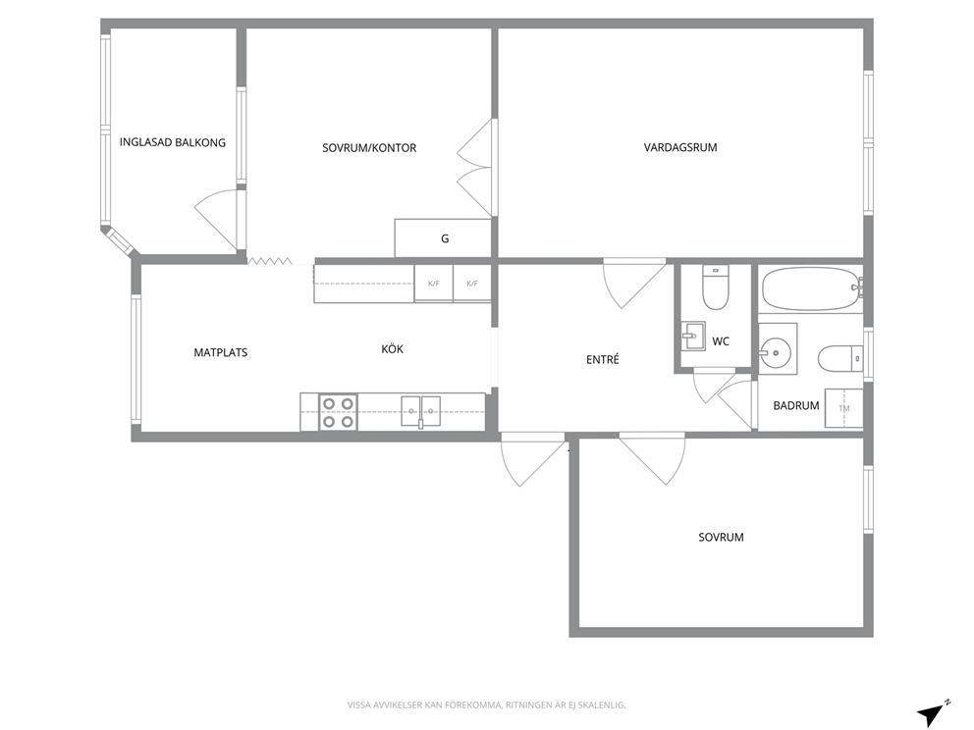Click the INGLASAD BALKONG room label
coord(173,142)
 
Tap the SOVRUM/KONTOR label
coord(369,148)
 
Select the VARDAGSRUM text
coord(680,147)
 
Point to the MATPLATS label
coord(221,352)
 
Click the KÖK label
coord(392,349)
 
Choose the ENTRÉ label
coord(603,359)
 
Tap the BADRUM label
coord(795,405)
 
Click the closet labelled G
coord(444,237)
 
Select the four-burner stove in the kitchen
coord(338,412)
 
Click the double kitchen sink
coord(420,411)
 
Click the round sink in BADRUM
coord(775,353)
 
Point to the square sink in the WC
coord(693,338)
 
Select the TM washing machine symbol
coord(843,408)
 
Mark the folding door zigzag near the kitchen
coord(270,261)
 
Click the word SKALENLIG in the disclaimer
coord(603,705)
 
